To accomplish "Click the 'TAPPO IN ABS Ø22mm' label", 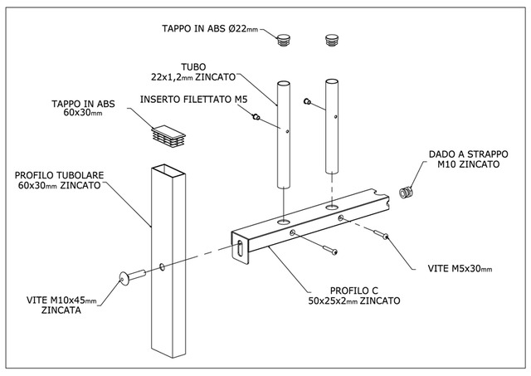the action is click(210, 29).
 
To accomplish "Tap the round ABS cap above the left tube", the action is click(284, 40).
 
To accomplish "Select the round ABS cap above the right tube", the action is click(332, 39).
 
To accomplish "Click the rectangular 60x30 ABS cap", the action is click(168, 136).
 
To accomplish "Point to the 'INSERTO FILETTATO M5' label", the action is click(193, 100).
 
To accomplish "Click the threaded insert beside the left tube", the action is click(256, 117).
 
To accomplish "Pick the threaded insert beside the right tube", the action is click(307, 101).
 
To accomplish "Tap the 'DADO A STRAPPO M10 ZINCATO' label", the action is click(468, 159).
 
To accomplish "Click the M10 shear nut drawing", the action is click(406, 193).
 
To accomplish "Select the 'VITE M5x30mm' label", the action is click(460, 269).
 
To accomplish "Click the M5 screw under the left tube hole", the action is click(330, 250).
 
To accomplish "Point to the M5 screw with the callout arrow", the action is click(381, 234).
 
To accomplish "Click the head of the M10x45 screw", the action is click(124, 278).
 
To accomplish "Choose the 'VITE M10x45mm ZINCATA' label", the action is click(61, 305).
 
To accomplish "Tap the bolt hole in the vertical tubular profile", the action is click(163, 267).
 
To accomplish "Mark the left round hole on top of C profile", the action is click(284, 222).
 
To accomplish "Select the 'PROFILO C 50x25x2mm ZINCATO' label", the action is click(354, 295).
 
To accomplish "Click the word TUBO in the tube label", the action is click(193, 67).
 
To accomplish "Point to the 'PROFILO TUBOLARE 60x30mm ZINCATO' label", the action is click(59, 180).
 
